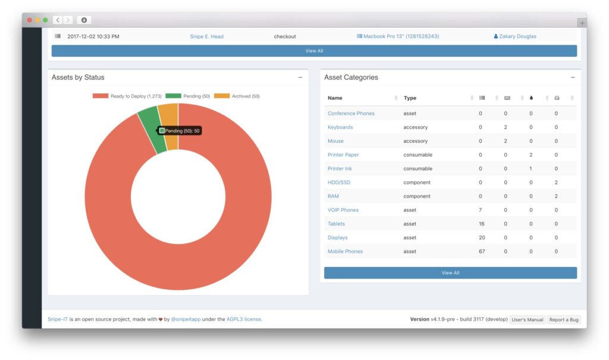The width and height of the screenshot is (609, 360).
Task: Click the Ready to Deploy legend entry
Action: (127, 96)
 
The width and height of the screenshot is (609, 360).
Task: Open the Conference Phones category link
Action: (351, 113)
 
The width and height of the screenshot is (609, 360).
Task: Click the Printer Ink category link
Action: (340, 168)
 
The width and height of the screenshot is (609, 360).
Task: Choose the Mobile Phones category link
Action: (345, 251)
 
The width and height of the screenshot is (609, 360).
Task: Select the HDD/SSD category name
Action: (339, 182)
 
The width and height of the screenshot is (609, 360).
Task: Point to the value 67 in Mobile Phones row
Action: (482, 251)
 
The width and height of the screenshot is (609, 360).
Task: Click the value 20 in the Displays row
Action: (482, 237)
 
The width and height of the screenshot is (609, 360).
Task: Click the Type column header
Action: (410, 98)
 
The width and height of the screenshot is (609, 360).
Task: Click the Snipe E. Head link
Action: (206, 36)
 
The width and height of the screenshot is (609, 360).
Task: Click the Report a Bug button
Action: (564, 320)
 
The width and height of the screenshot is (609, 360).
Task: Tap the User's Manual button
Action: (528, 320)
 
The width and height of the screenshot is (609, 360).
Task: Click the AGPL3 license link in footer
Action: (244, 320)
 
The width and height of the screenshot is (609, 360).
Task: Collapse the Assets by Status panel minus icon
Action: (300, 77)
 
